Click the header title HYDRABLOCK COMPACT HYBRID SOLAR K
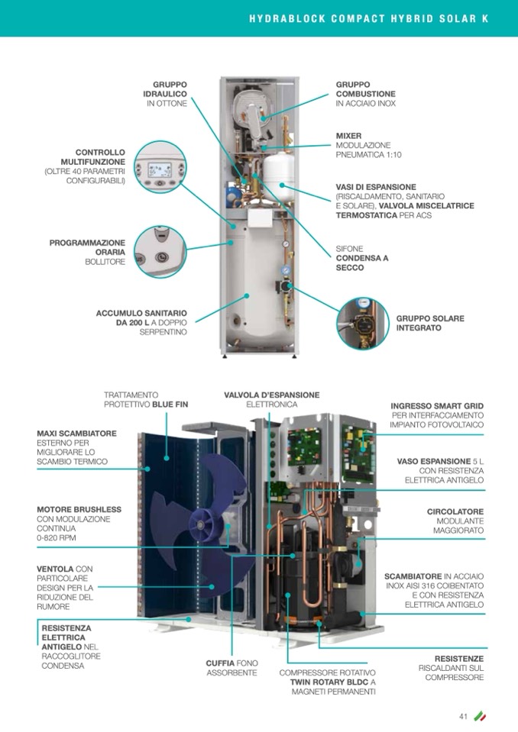369,18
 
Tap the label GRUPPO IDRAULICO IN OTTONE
165,94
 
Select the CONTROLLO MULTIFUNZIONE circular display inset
160,167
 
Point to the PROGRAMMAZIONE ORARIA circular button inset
160,252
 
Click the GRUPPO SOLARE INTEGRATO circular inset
363,324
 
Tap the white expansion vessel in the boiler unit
278,174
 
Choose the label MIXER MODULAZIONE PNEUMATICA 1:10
368,145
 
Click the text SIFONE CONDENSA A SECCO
362,258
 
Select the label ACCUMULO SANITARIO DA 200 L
141,323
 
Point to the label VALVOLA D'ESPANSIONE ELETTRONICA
272,400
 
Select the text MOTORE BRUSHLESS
79,509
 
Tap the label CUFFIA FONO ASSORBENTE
231,668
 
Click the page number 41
463,717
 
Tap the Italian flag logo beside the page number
480,716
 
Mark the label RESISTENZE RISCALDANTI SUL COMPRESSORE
452,668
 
